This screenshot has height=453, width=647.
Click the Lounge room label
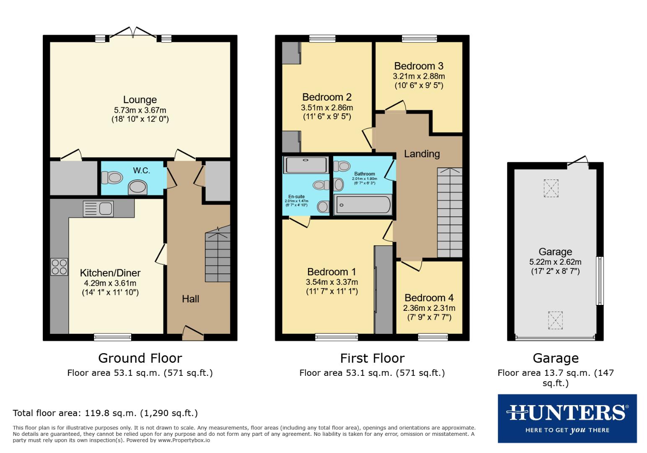140,100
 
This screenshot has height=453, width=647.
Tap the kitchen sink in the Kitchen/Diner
98,208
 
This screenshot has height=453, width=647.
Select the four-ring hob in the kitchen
59,266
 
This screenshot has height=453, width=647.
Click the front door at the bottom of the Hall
193,334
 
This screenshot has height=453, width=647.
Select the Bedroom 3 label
418,66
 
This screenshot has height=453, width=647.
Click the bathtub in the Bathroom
363,205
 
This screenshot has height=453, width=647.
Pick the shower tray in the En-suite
305,165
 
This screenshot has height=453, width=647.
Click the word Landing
422,154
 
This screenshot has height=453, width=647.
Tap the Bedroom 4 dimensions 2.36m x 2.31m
429,308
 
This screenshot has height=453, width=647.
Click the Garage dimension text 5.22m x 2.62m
555,262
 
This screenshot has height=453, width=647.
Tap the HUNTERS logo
567,418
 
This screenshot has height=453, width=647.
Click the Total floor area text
105,413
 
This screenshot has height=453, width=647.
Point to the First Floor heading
372,358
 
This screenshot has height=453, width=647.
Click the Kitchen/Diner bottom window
112,336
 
